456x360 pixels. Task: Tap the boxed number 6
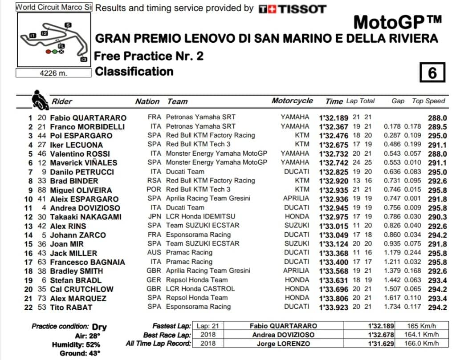pyautogui.click(x=432, y=73)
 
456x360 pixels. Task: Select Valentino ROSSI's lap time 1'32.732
pyautogui.click(x=334, y=154)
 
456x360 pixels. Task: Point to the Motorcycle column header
pyautogui.click(x=292, y=101)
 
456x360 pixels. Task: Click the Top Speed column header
pyautogui.click(x=428, y=101)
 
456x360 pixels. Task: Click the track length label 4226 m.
pyautogui.click(x=53, y=73)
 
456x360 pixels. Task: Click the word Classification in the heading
pyautogui.click(x=134, y=71)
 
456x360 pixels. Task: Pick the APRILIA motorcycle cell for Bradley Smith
pyautogui.click(x=296, y=271)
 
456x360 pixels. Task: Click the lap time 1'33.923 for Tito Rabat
pyautogui.click(x=334, y=307)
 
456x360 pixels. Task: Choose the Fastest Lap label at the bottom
pyautogui.click(x=171, y=326)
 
